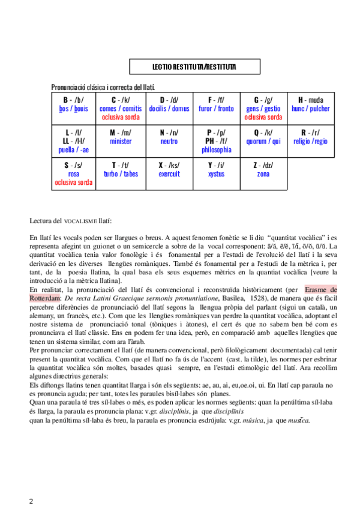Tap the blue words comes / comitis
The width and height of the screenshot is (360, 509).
click(x=121, y=109)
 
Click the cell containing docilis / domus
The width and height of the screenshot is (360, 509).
click(x=169, y=109)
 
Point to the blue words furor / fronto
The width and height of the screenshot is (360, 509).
click(x=216, y=109)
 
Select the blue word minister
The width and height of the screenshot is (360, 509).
click(x=121, y=141)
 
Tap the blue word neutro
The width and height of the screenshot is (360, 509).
click(x=169, y=141)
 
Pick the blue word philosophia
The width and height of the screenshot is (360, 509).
click(x=217, y=149)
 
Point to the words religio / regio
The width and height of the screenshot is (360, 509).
click(x=311, y=141)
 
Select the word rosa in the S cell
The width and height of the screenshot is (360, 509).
click(x=73, y=174)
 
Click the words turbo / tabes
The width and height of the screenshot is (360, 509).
click(x=121, y=174)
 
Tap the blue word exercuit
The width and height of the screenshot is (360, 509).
click(x=169, y=174)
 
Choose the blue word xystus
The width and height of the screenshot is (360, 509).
click(x=216, y=174)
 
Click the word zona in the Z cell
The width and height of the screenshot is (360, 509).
click(x=263, y=174)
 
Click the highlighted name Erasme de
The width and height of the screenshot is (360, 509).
click(x=320, y=290)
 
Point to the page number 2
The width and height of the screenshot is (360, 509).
click(x=32, y=501)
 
